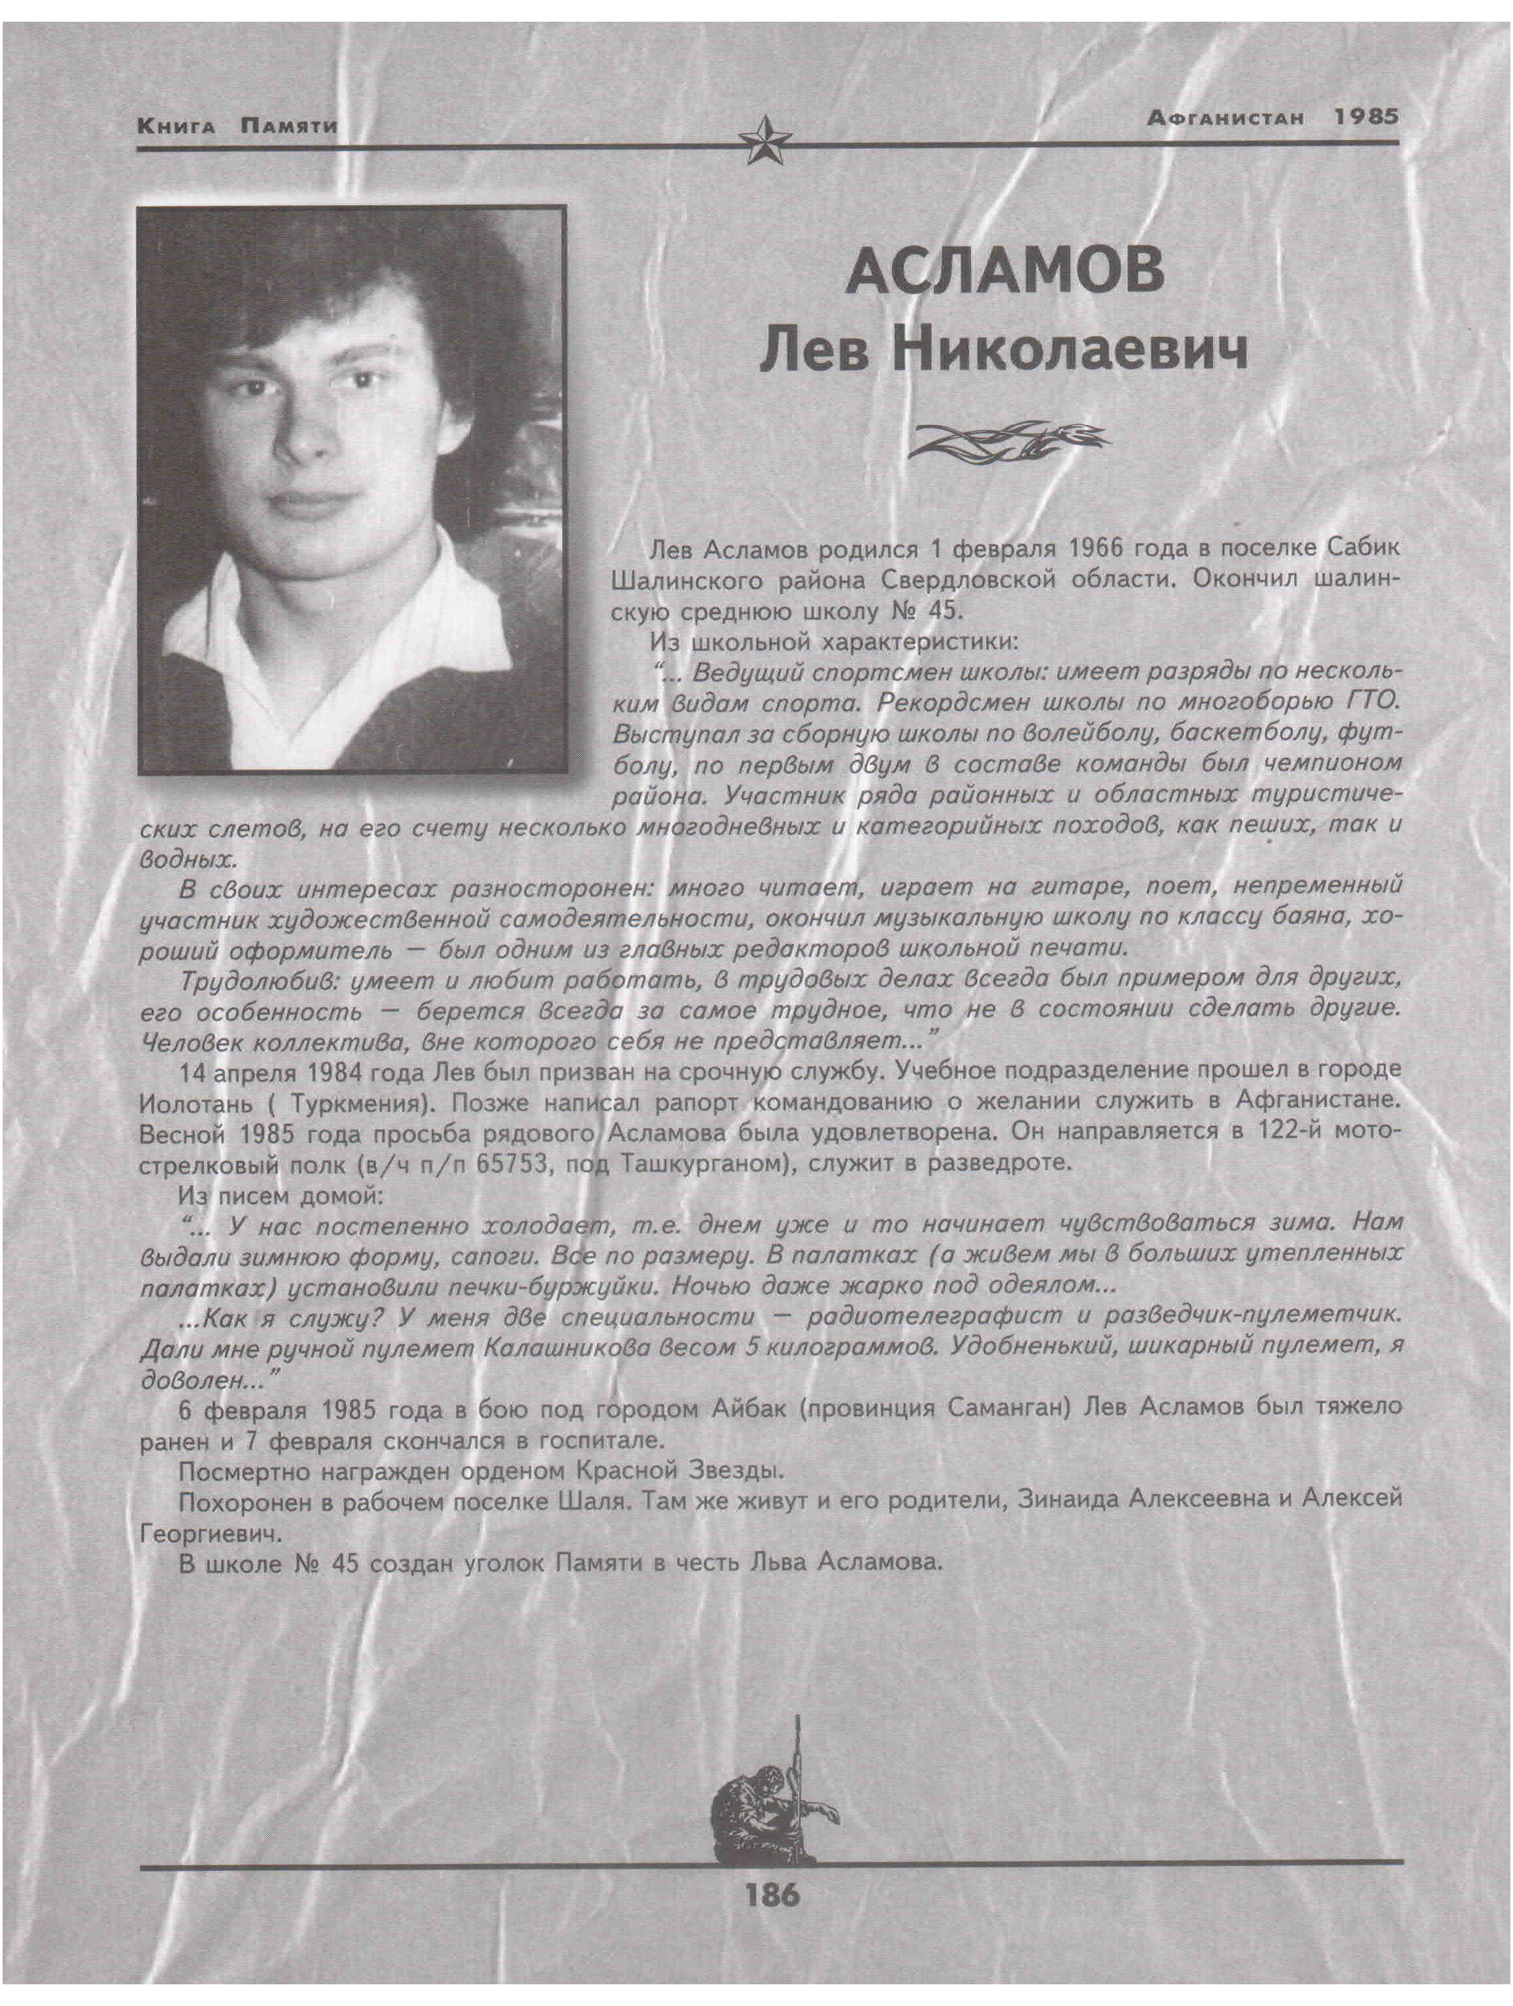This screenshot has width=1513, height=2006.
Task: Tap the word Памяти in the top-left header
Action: (288, 126)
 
